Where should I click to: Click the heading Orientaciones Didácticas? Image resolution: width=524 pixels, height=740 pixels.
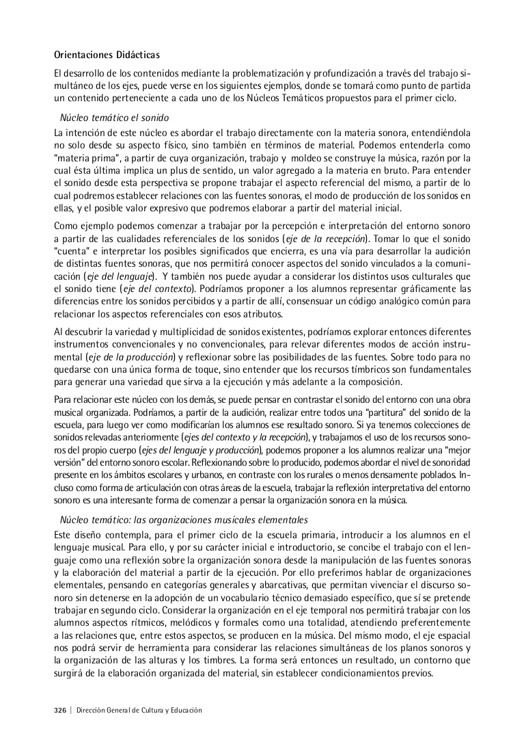point(107,55)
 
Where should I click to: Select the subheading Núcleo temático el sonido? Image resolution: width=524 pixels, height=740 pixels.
point(115,118)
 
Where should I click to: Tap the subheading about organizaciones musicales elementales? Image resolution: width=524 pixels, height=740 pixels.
point(184,520)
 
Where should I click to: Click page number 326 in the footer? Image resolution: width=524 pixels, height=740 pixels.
point(60,711)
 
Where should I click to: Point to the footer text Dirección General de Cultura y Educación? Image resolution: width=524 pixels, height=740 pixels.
point(139,711)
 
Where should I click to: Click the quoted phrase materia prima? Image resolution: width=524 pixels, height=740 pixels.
point(81,158)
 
